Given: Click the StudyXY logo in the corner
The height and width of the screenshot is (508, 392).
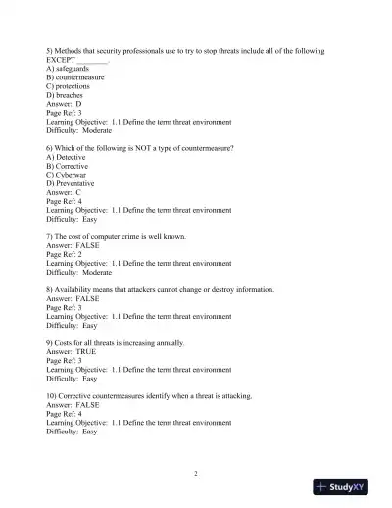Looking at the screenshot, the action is click(349, 486).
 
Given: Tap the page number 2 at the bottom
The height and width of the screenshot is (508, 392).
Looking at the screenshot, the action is click(196, 474).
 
